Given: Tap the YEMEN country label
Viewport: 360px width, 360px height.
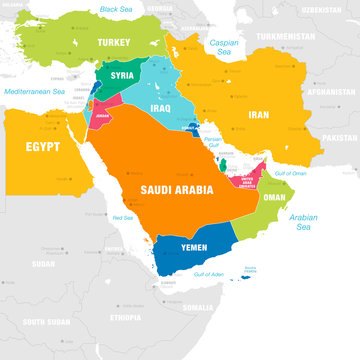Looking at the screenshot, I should click(193, 246).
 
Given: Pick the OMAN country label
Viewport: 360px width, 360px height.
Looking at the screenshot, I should click(274, 197).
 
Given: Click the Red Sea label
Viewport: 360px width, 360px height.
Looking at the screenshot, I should click(123, 217).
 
